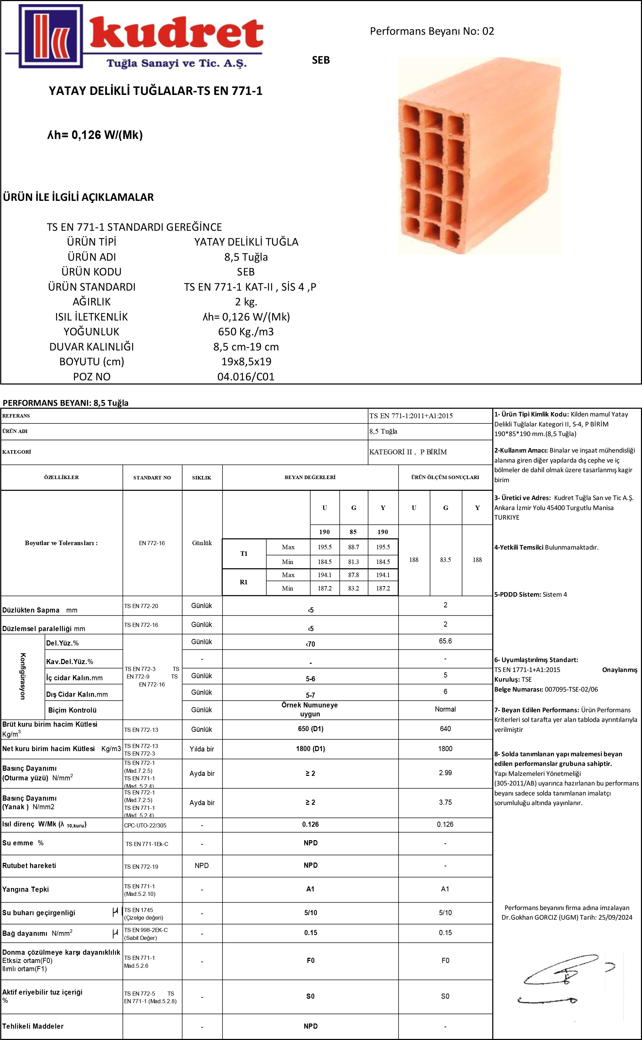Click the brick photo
[479, 156]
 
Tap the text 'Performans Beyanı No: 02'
[432, 31]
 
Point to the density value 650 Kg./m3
[246, 332]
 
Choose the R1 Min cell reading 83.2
[353, 588]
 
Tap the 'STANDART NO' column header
[152, 477]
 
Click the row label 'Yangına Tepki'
[25, 889]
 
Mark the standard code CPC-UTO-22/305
[145, 825]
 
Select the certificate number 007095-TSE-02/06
[571, 689]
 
